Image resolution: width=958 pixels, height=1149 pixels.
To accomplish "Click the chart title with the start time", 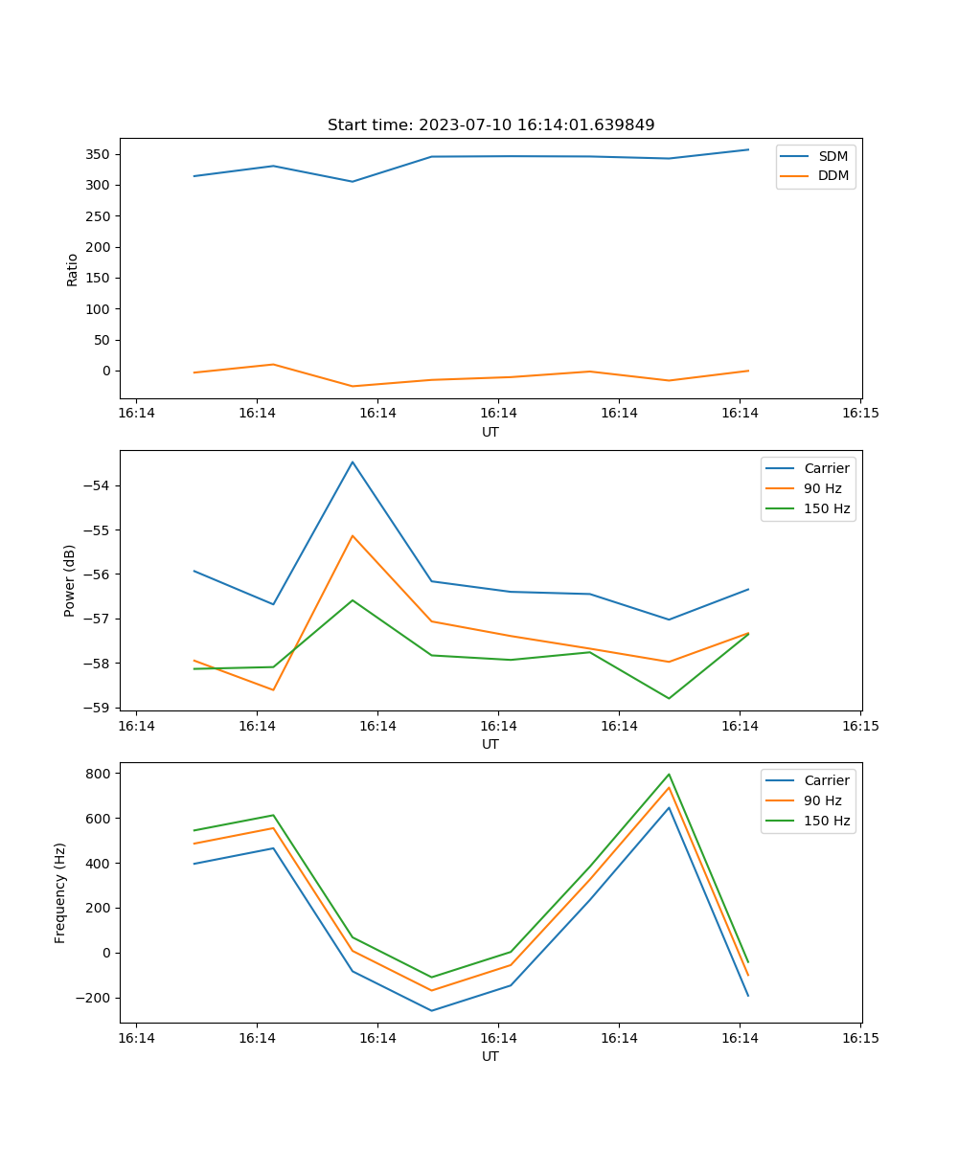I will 490,125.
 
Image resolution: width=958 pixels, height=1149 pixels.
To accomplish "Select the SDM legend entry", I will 833,156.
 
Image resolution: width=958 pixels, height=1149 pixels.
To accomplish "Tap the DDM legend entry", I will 833,176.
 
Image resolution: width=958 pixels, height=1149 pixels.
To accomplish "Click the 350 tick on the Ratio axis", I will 100,154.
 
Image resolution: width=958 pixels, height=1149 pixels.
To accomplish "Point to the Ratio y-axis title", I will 73,269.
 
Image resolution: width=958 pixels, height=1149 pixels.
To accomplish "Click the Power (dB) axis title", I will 70,581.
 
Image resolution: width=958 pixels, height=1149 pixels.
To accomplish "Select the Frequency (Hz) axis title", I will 60,892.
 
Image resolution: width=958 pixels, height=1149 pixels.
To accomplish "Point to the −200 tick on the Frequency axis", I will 94,998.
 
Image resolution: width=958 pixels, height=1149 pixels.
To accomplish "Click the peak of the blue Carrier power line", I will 353,462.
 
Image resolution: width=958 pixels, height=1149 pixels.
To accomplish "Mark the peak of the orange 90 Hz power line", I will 353,535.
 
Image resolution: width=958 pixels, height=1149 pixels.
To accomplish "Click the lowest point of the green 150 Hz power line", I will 669,698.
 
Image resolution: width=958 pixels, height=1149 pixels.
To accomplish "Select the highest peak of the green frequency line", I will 669,775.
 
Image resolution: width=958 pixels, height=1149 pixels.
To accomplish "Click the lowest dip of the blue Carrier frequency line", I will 431,1011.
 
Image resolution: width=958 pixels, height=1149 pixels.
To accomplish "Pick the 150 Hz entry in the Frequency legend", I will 827,821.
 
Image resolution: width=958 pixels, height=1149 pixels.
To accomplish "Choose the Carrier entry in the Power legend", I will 826,468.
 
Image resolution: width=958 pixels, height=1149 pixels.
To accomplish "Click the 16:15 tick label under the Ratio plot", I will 859,414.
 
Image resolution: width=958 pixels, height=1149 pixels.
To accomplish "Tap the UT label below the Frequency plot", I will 490,1056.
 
